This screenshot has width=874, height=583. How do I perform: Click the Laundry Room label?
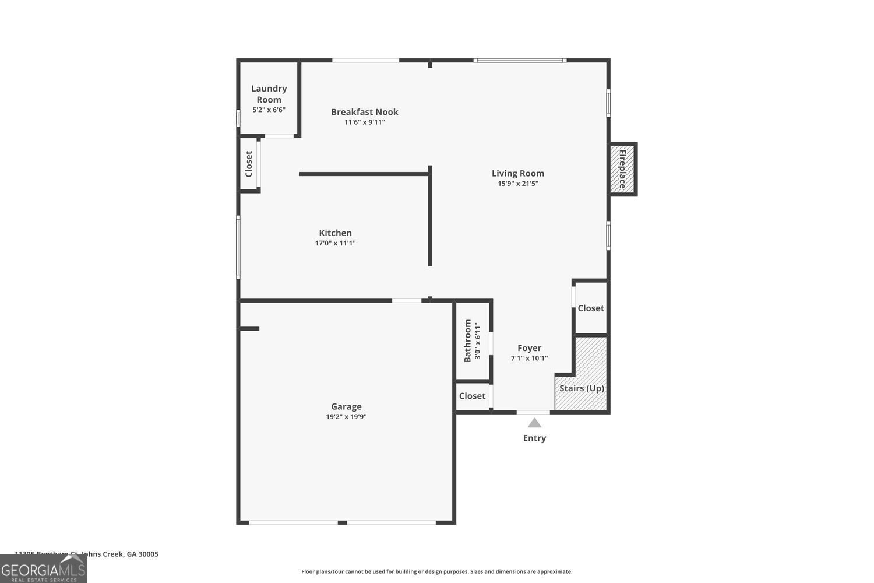(x=269, y=94)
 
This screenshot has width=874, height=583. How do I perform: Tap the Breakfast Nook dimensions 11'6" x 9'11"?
(x=364, y=122)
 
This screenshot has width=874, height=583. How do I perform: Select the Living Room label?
(x=517, y=173)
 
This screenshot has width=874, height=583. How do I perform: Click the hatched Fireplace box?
(x=622, y=169)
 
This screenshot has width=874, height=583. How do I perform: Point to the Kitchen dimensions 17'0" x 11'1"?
(x=335, y=243)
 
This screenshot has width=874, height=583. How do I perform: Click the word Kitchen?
(x=335, y=233)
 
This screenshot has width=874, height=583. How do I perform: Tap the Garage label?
(x=346, y=406)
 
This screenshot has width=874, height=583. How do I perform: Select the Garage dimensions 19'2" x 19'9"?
(x=346, y=417)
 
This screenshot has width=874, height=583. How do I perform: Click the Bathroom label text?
(x=467, y=340)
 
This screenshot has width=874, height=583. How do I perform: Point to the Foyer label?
(x=529, y=348)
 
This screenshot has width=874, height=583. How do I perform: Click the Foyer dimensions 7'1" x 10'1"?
(x=529, y=359)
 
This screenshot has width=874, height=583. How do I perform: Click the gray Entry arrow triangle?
(x=534, y=423)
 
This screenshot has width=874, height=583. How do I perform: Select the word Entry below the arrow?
(x=534, y=438)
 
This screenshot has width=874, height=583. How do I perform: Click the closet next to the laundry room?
(x=249, y=164)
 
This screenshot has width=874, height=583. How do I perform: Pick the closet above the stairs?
(x=590, y=308)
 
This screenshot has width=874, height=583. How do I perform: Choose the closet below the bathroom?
(x=472, y=396)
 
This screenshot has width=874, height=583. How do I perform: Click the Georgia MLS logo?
(x=43, y=569)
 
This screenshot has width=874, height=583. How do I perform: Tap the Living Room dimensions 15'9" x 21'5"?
(x=517, y=184)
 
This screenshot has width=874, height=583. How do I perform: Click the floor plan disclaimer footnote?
(x=436, y=572)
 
